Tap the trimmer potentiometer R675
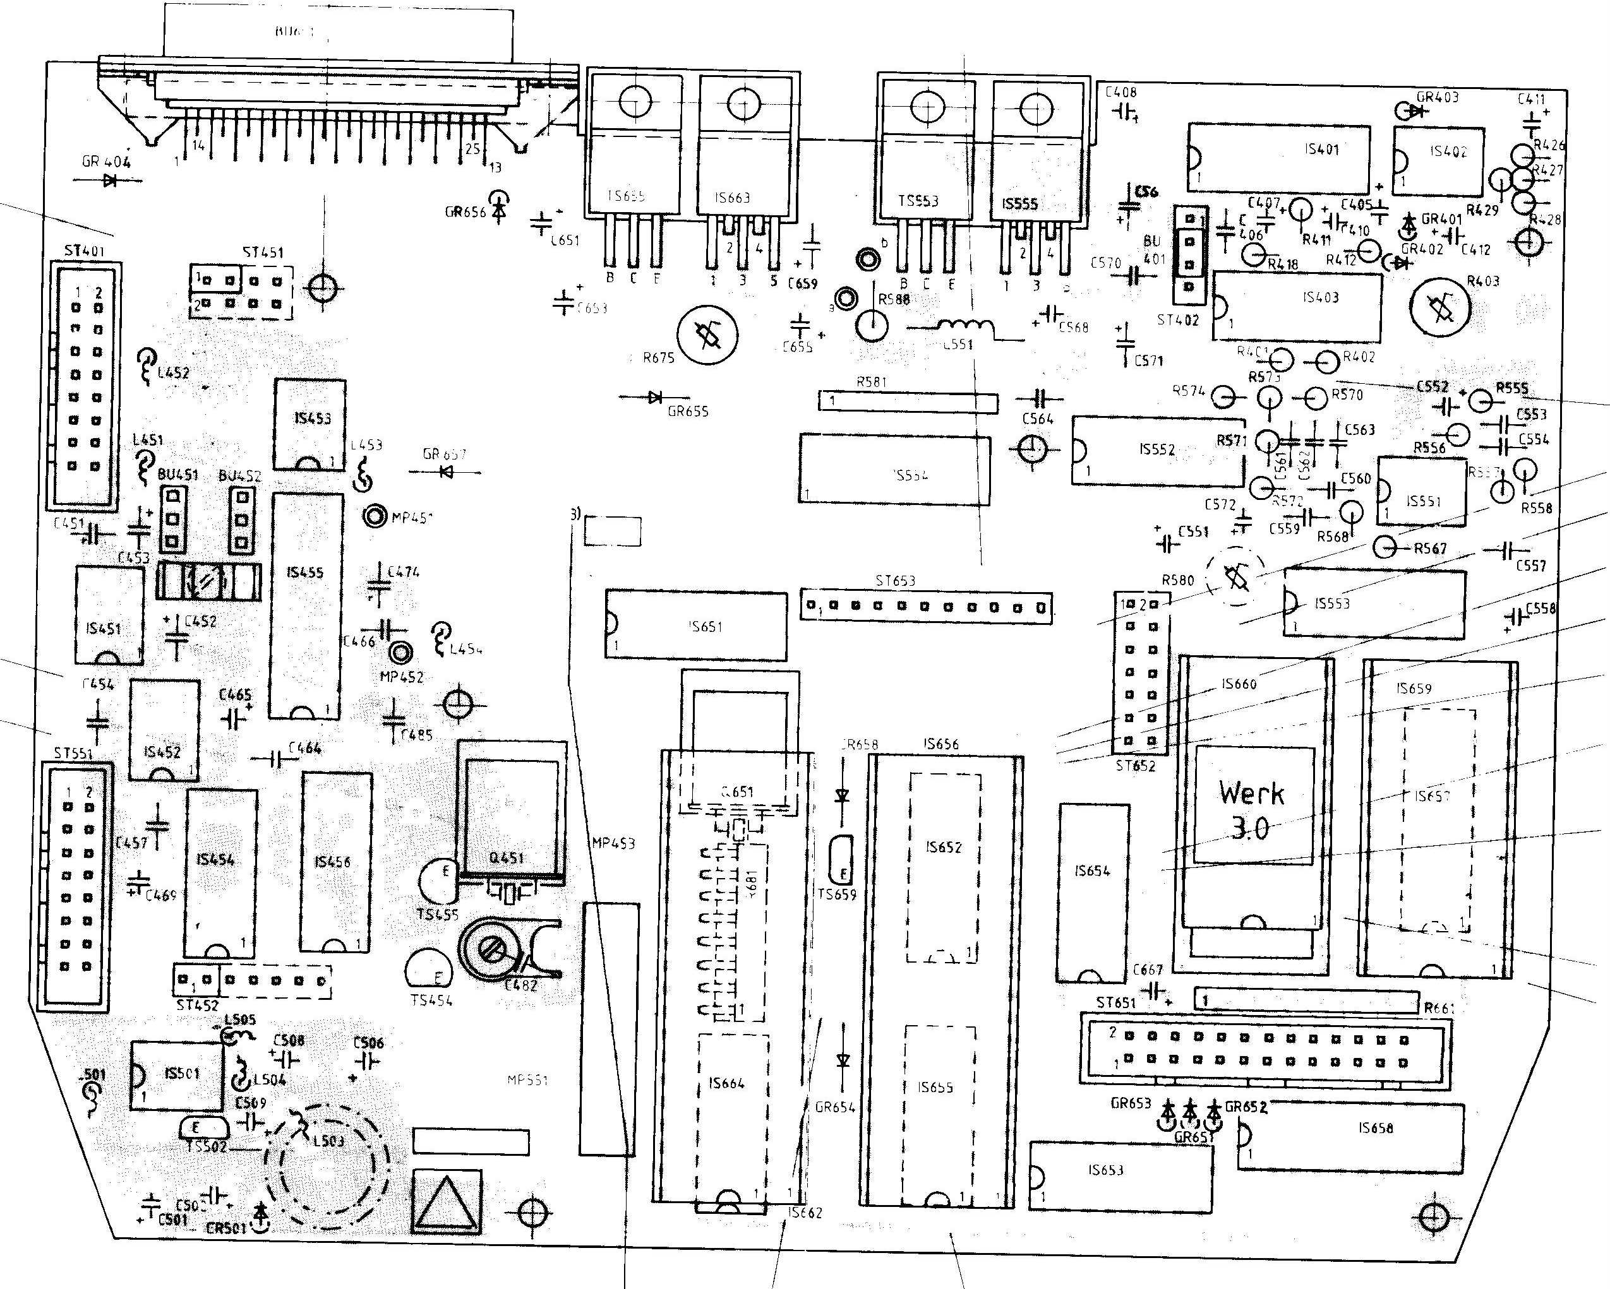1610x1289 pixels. [x=707, y=335]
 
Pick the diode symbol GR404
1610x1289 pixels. [x=110, y=180]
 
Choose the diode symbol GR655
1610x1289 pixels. [x=656, y=398]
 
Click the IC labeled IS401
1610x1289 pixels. [x=1278, y=158]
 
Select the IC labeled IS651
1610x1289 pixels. [x=696, y=626]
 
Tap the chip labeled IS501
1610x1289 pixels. [x=177, y=1075]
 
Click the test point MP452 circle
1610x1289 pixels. [x=401, y=654]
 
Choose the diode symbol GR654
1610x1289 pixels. [x=843, y=1060]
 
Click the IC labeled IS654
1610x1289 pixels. [x=1093, y=893]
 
